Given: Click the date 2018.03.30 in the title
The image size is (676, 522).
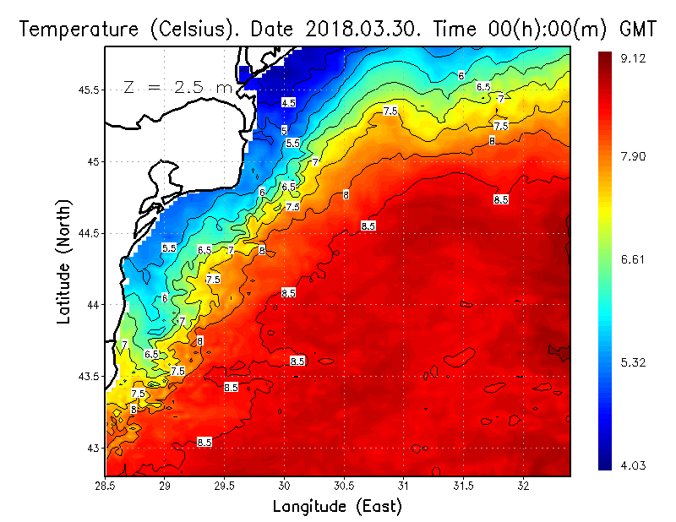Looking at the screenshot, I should (366, 28).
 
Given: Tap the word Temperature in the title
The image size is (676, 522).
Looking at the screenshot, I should (70, 28).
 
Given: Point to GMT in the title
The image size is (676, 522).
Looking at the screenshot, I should (639, 28).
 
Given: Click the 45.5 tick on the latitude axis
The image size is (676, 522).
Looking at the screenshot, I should (87, 90).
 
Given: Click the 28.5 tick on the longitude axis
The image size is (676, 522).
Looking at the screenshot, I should (106, 486).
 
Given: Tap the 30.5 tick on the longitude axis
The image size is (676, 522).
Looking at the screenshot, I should (344, 486).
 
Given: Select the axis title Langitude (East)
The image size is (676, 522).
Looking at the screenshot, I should (337, 506).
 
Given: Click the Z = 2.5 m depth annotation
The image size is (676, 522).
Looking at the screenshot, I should (178, 87).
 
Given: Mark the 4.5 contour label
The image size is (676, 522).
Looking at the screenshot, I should (288, 102).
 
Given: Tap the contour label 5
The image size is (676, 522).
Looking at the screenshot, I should (284, 130).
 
